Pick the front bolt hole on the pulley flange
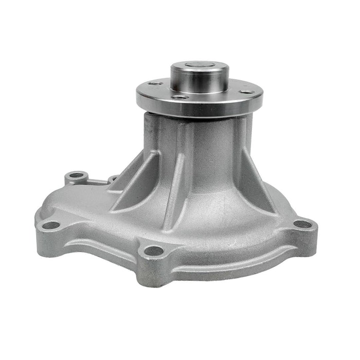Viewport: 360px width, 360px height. (178, 97)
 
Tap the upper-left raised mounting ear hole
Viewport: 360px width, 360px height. (76, 175)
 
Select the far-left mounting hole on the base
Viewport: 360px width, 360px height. (50, 225)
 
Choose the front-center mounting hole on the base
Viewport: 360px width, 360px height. (153, 251)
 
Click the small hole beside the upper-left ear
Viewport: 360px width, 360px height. (112, 178)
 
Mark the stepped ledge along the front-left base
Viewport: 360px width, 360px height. (98, 242)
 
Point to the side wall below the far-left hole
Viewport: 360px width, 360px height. (49, 237)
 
